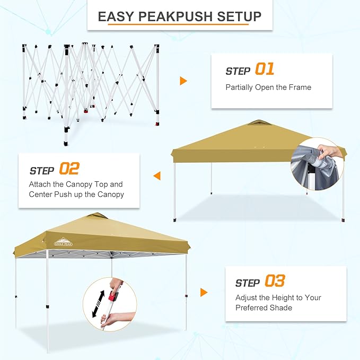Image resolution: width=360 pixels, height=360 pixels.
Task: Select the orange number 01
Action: pyautogui.click(x=265, y=69)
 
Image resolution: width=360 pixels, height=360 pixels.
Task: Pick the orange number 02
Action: pyautogui.click(x=69, y=169)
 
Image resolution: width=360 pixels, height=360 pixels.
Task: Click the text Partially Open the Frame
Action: pyautogui.click(x=268, y=87)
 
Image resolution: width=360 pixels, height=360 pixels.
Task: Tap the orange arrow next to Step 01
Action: pyautogui.click(x=183, y=81)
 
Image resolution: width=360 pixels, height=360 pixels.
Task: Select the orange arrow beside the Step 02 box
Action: pyautogui.click(x=156, y=175)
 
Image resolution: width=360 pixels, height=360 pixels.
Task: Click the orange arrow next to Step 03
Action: pyautogui.click(x=204, y=292)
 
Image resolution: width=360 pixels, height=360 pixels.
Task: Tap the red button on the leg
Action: pyautogui.click(x=112, y=295)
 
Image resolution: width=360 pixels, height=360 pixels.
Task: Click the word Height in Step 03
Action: pyautogui.click(x=279, y=298)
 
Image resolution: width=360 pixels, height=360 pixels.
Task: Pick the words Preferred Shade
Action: pyautogui.click(x=264, y=308)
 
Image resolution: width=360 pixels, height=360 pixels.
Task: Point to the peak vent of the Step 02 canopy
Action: pyautogui.click(x=259, y=122)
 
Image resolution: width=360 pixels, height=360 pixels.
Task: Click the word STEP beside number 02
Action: pyautogui.click(x=42, y=171)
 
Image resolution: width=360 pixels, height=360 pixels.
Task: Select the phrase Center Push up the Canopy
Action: pyautogui.click(x=76, y=194)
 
